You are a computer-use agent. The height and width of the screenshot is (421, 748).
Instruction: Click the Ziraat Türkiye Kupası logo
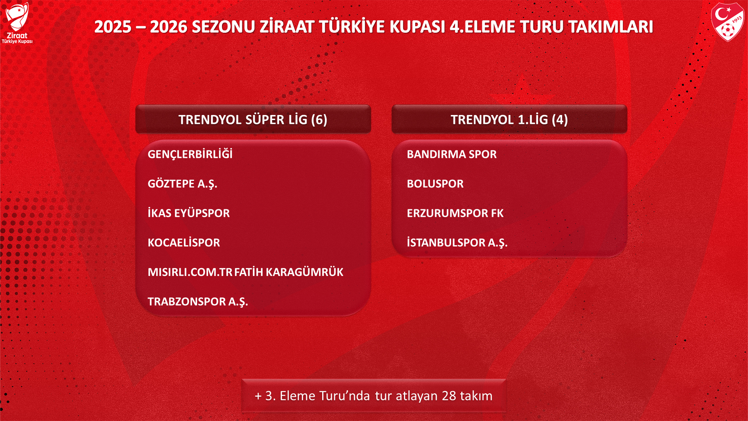click(17, 23)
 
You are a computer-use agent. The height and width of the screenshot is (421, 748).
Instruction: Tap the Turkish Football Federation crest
click(727, 22)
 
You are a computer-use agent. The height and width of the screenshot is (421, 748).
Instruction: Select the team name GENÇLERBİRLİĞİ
click(190, 154)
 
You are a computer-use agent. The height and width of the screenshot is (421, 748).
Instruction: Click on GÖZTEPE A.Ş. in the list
click(182, 184)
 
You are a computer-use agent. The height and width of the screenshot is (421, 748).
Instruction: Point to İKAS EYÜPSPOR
click(189, 213)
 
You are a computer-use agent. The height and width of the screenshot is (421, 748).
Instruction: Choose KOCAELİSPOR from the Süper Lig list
click(183, 242)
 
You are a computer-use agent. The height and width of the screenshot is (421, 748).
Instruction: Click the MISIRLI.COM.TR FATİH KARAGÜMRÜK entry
click(245, 272)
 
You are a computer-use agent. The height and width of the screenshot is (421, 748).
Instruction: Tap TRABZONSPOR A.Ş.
click(198, 302)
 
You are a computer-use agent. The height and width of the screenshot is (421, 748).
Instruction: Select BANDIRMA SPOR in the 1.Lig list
click(452, 154)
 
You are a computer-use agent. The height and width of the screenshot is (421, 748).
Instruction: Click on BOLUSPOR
click(435, 184)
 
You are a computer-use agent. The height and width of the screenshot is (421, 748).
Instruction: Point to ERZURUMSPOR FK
click(455, 213)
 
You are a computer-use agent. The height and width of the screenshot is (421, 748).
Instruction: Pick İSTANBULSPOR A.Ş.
click(457, 242)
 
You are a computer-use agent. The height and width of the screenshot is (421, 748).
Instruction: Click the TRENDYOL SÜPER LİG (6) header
click(253, 119)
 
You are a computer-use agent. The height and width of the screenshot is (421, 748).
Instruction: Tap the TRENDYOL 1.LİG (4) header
click(509, 119)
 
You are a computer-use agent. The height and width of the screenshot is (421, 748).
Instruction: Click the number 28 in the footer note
click(449, 396)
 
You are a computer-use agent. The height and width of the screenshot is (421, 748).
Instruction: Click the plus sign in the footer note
click(258, 396)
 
